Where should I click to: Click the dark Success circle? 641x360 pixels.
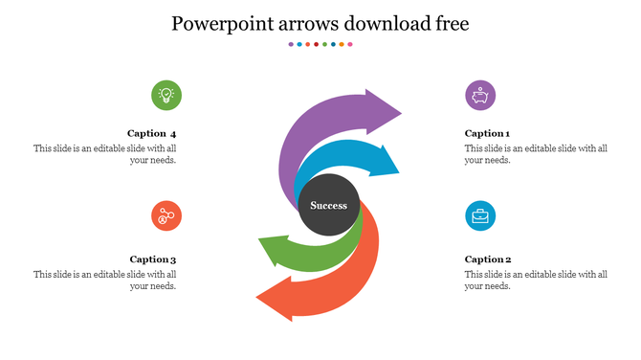click(329, 205)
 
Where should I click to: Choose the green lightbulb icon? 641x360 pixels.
click(166, 95)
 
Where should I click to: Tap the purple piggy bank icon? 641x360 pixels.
click(480, 96)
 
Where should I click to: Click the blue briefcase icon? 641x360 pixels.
click(480, 215)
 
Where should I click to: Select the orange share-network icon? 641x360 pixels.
click(166, 215)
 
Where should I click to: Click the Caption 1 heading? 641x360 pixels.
click(487, 133)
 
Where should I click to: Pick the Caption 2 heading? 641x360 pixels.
click(488, 259)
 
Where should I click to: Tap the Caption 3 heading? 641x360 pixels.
click(153, 259)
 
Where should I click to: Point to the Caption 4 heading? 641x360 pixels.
click(152, 133)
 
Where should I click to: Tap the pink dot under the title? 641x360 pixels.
click(349, 44)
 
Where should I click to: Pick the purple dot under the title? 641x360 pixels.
click(291, 44)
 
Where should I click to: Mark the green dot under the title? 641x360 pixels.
click(324, 44)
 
